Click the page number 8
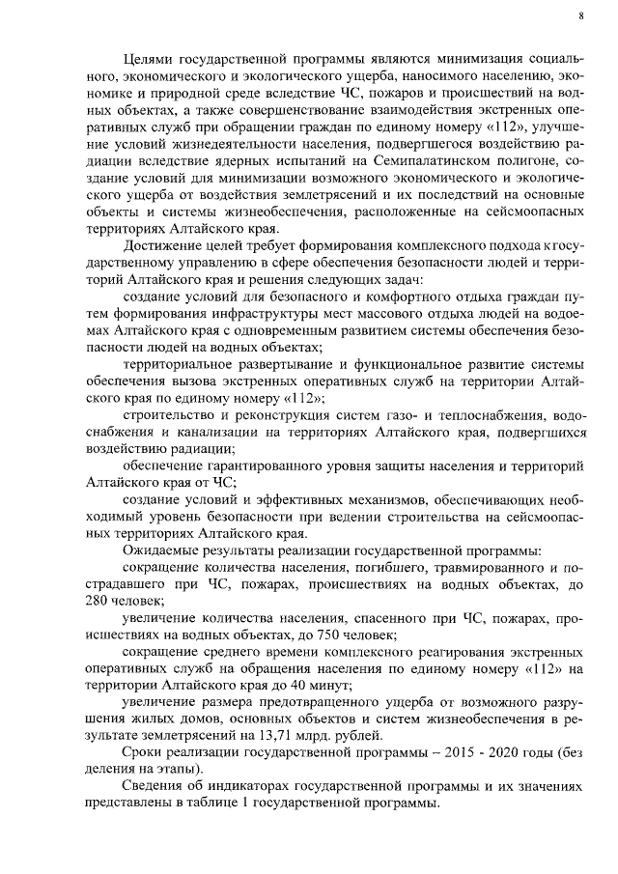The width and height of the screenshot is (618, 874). (581, 16)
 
